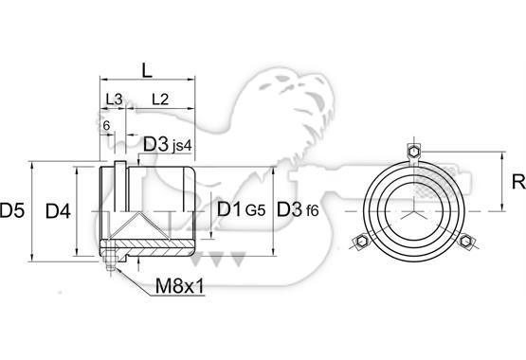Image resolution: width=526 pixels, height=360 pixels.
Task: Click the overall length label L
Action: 147,70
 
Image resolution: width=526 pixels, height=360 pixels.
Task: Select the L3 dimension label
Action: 115,99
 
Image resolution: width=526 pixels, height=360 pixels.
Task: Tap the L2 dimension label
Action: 160,99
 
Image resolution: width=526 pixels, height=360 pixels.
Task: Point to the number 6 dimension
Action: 106,126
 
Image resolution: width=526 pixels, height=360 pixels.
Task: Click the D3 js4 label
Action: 167,145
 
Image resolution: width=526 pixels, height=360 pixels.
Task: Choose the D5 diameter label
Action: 12,211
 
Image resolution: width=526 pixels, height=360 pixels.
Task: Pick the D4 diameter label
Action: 58,211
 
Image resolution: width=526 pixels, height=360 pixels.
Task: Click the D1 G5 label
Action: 241,209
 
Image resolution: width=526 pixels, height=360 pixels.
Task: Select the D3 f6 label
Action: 298,209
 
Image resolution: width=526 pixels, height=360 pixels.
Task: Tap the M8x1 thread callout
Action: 180,286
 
